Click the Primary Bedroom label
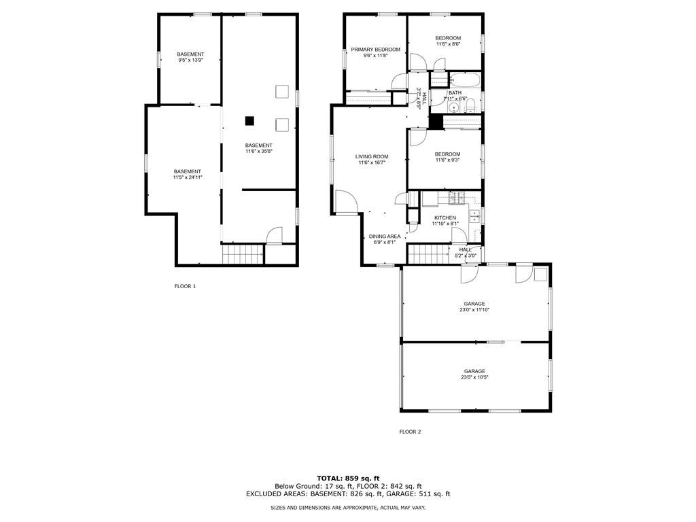click(x=375, y=49)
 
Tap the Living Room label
click(x=372, y=156)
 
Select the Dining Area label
click(x=385, y=237)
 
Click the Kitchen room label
click(x=445, y=218)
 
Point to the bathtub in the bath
click(x=465, y=80)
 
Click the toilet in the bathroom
click(x=470, y=105)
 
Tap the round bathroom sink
click(x=453, y=107)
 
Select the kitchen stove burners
click(x=457, y=198)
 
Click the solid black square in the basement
click(x=250, y=120)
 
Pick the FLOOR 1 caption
click(x=185, y=286)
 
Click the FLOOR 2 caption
click(x=410, y=432)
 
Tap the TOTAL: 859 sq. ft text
click(x=348, y=478)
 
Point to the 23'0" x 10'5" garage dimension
click(x=474, y=377)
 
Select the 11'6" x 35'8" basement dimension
click(x=259, y=151)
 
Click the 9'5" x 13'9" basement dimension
click(x=190, y=60)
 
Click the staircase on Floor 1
click(x=243, y=254)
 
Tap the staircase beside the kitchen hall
click(x=429, y=254)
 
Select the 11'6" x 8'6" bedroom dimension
click(x=448, y=44)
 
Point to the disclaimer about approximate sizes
click(x=348, y=507)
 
